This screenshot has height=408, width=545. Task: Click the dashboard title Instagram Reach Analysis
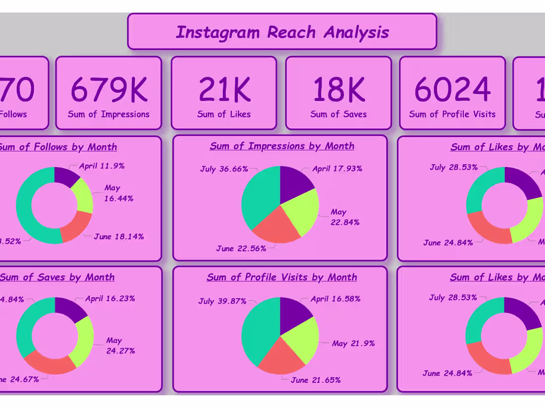click(282, 32)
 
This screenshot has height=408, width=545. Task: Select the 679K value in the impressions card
click(109, 90)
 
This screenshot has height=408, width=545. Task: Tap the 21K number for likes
click(224, 90)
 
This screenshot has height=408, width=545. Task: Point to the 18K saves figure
click(338, 90)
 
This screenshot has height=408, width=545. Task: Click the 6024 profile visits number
click(452, 90)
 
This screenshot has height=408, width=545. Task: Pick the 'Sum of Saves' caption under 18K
click(338, 114)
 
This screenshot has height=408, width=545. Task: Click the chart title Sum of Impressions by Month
click(282, 146)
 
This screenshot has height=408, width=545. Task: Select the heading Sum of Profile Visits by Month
click(281, 277)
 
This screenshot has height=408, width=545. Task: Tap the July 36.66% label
click(224, 169)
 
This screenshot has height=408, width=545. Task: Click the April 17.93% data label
click(337, 169)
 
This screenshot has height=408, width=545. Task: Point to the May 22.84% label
click(345, 217)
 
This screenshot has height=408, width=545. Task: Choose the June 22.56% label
click(241, 248)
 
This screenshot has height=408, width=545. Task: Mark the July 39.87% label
click(222, 301)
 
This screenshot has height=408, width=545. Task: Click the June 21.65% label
click(315, 380)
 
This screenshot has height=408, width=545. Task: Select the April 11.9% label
click(102, 166)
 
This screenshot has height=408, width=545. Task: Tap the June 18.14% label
click(119, 236)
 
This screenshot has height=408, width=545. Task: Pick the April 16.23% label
click(110, 298)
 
